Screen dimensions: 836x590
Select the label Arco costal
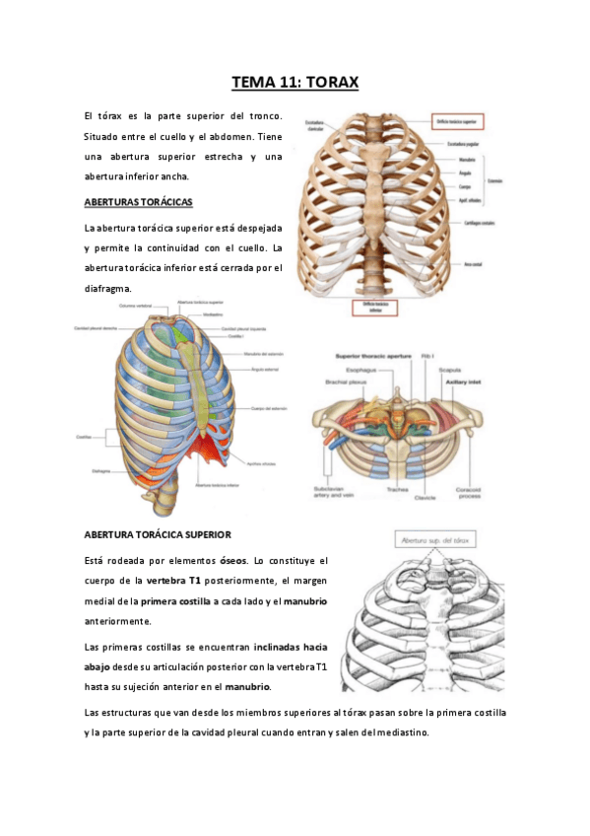click(474, 265)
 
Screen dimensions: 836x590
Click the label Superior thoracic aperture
click(373, 356)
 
